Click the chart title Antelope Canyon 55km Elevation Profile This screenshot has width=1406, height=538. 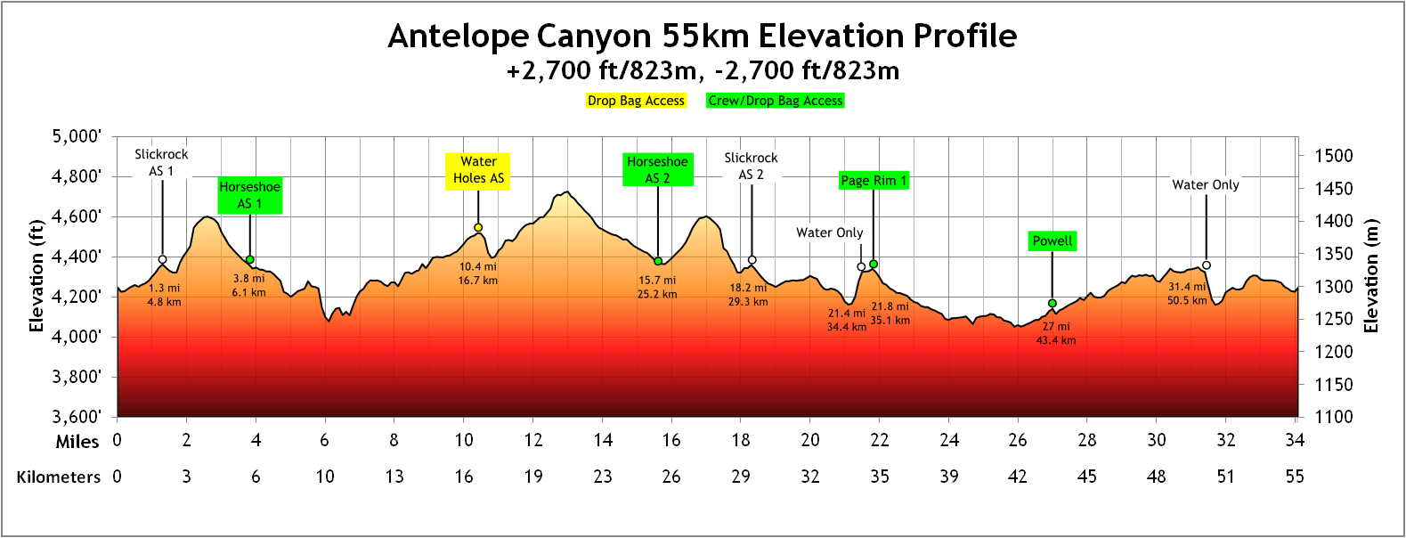[x=702, y=37]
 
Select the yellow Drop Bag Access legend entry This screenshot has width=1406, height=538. [x=636, y=101]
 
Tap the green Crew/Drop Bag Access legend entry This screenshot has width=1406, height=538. [x=775, y=101]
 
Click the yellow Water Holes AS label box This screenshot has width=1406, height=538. [x=478, y=170]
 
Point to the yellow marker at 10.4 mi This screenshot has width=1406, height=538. [x=478, y=228]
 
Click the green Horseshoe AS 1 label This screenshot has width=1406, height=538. [x=250, y=195]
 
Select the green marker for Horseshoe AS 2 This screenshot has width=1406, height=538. [x=658, y=261]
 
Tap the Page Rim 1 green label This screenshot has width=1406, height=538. [x=874, y=181]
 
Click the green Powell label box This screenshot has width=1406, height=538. [x=1052, y=241]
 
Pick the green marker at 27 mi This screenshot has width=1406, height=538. [x=1052, y=304]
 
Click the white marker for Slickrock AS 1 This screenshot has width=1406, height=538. [x=162, y=260]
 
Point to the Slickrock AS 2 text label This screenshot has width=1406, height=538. [x=751, y=166]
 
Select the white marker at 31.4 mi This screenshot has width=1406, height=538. [x=1207, y=265]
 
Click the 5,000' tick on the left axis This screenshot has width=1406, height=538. [x=77, y=136]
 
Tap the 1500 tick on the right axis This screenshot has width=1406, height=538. [x=1333, y=156]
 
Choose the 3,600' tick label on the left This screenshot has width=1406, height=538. [x=77, y=416]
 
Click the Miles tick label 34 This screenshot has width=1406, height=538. [x=1295, y=440]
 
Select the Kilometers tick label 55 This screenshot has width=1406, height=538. [x=1295, y=477]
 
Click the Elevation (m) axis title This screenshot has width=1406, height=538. [x=1372, y=276]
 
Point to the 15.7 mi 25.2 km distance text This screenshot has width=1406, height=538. [x=657, y=287]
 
